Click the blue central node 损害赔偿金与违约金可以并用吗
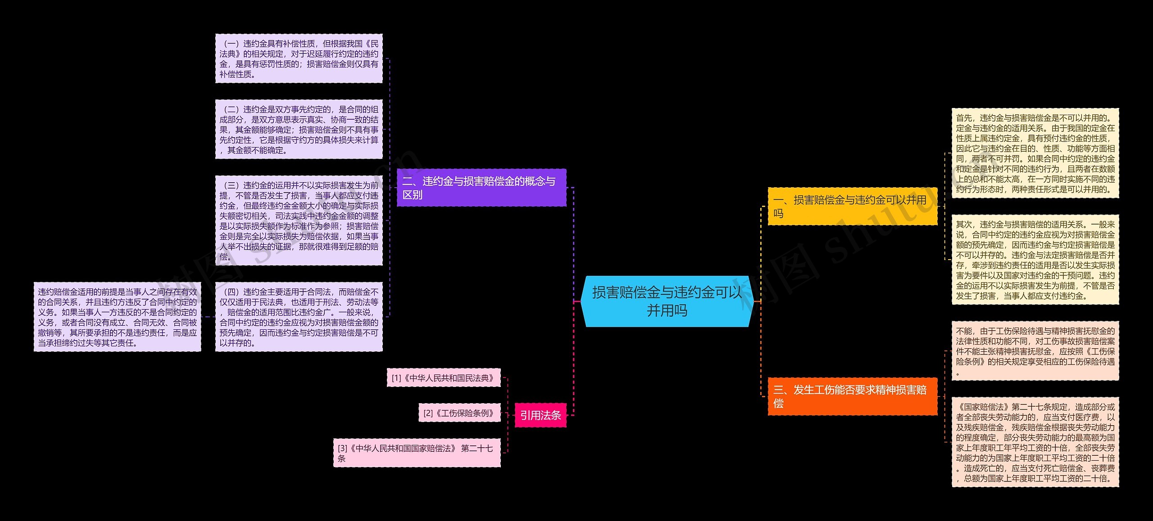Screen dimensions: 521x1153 (x=667, y=301)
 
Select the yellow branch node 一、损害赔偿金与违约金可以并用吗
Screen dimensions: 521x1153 (x=852, y=207)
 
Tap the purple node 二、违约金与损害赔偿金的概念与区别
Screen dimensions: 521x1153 (x=481, y=188)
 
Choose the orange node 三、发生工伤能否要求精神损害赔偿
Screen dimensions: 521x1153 (x=852, y=396)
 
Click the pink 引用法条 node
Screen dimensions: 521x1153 (x=540, y=415)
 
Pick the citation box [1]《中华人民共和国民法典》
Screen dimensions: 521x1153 (x=444, y=378)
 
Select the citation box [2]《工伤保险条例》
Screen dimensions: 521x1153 (x=459, y=413)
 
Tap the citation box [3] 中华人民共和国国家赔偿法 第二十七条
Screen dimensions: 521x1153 (x=417, y=453)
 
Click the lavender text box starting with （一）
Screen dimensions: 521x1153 (x=299, y=58)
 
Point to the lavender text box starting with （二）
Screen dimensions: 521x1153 (x=299, y=129)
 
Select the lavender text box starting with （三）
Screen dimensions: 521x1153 (x=299, y=220)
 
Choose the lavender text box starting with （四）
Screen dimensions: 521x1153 (x=299, y=317)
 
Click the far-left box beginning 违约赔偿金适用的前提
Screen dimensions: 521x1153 (x=117, y=317)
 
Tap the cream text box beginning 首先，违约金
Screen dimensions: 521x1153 (x=1035, y=153)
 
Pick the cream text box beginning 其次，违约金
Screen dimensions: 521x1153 (x=1035, y=260)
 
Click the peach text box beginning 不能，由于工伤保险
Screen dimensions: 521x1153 (x=1035, y=351)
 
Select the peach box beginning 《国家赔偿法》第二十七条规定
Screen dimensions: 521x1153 (x=1035, y=442)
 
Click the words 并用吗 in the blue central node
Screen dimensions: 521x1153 (x=667, y=310)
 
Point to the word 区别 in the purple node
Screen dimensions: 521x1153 (x=413, y=195)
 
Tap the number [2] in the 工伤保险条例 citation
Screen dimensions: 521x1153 (x=428, y=413)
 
